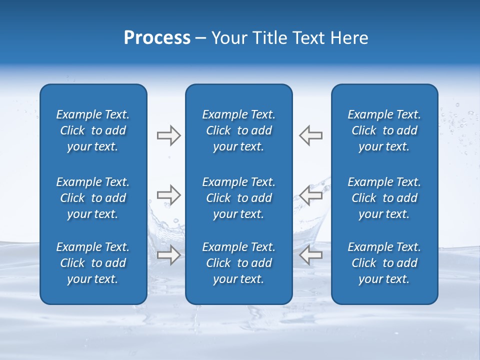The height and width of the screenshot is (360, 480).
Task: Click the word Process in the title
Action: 157,38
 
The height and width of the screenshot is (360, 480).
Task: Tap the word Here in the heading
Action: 348,38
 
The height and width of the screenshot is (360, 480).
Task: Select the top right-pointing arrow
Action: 169,135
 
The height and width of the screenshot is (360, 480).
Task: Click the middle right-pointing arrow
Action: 169,195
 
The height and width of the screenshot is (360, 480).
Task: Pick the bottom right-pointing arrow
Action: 169,254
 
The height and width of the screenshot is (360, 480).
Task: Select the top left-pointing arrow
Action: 310,135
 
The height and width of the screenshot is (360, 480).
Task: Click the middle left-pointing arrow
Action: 310,195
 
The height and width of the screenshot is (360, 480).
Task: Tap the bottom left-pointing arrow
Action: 310,254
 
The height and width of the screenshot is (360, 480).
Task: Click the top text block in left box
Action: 93,130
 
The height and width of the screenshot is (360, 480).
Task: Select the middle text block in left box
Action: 93,198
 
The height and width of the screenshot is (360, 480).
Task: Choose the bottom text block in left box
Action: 93,263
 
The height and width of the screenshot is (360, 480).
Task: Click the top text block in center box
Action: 238,130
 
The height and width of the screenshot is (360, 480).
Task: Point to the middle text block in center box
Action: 238,198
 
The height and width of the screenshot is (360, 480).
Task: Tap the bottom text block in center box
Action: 238,263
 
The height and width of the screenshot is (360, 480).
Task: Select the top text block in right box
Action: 384,130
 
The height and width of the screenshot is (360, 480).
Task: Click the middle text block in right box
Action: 384,198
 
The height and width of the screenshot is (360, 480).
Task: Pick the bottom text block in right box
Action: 384,263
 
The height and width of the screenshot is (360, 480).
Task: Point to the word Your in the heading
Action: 228,38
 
